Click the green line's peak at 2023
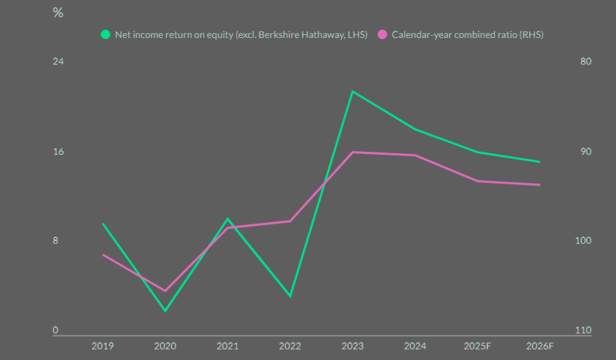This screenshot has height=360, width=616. (353, 92)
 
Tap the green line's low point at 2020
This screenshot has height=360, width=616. (165, 311)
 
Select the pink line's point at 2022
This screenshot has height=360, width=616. (291, 221)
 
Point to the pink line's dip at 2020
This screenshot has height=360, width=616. (165, 291)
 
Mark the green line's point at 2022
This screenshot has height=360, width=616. (291, 296)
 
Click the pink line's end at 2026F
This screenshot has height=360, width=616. (540, 185)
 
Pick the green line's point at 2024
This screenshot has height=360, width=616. (415, 129)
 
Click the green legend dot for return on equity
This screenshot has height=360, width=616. (106, 34)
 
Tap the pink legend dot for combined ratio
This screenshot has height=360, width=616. (383, 34)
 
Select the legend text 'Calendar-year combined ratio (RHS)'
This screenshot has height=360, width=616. (467, 34)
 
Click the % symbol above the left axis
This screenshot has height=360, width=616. (58, 13)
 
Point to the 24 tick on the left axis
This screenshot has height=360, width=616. (58, 62)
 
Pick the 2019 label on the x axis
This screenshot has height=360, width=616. (103, 346)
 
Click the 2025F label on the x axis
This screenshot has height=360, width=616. (478, 346)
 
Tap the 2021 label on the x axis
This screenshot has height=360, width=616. (227, 346)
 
